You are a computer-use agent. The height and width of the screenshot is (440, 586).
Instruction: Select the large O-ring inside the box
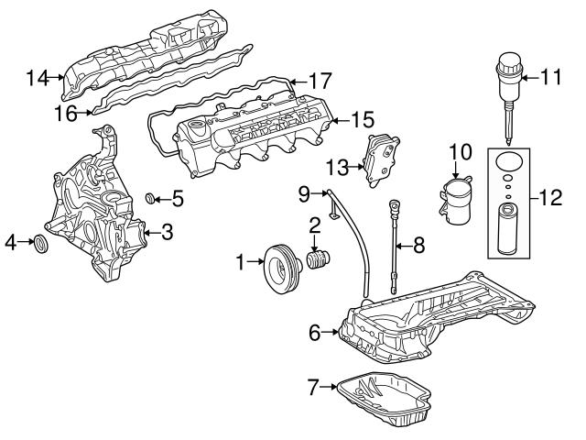click(505, 163)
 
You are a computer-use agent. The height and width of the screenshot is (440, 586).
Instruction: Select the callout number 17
click(319, 81)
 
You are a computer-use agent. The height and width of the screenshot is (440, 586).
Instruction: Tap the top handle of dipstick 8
click(395, 201)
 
